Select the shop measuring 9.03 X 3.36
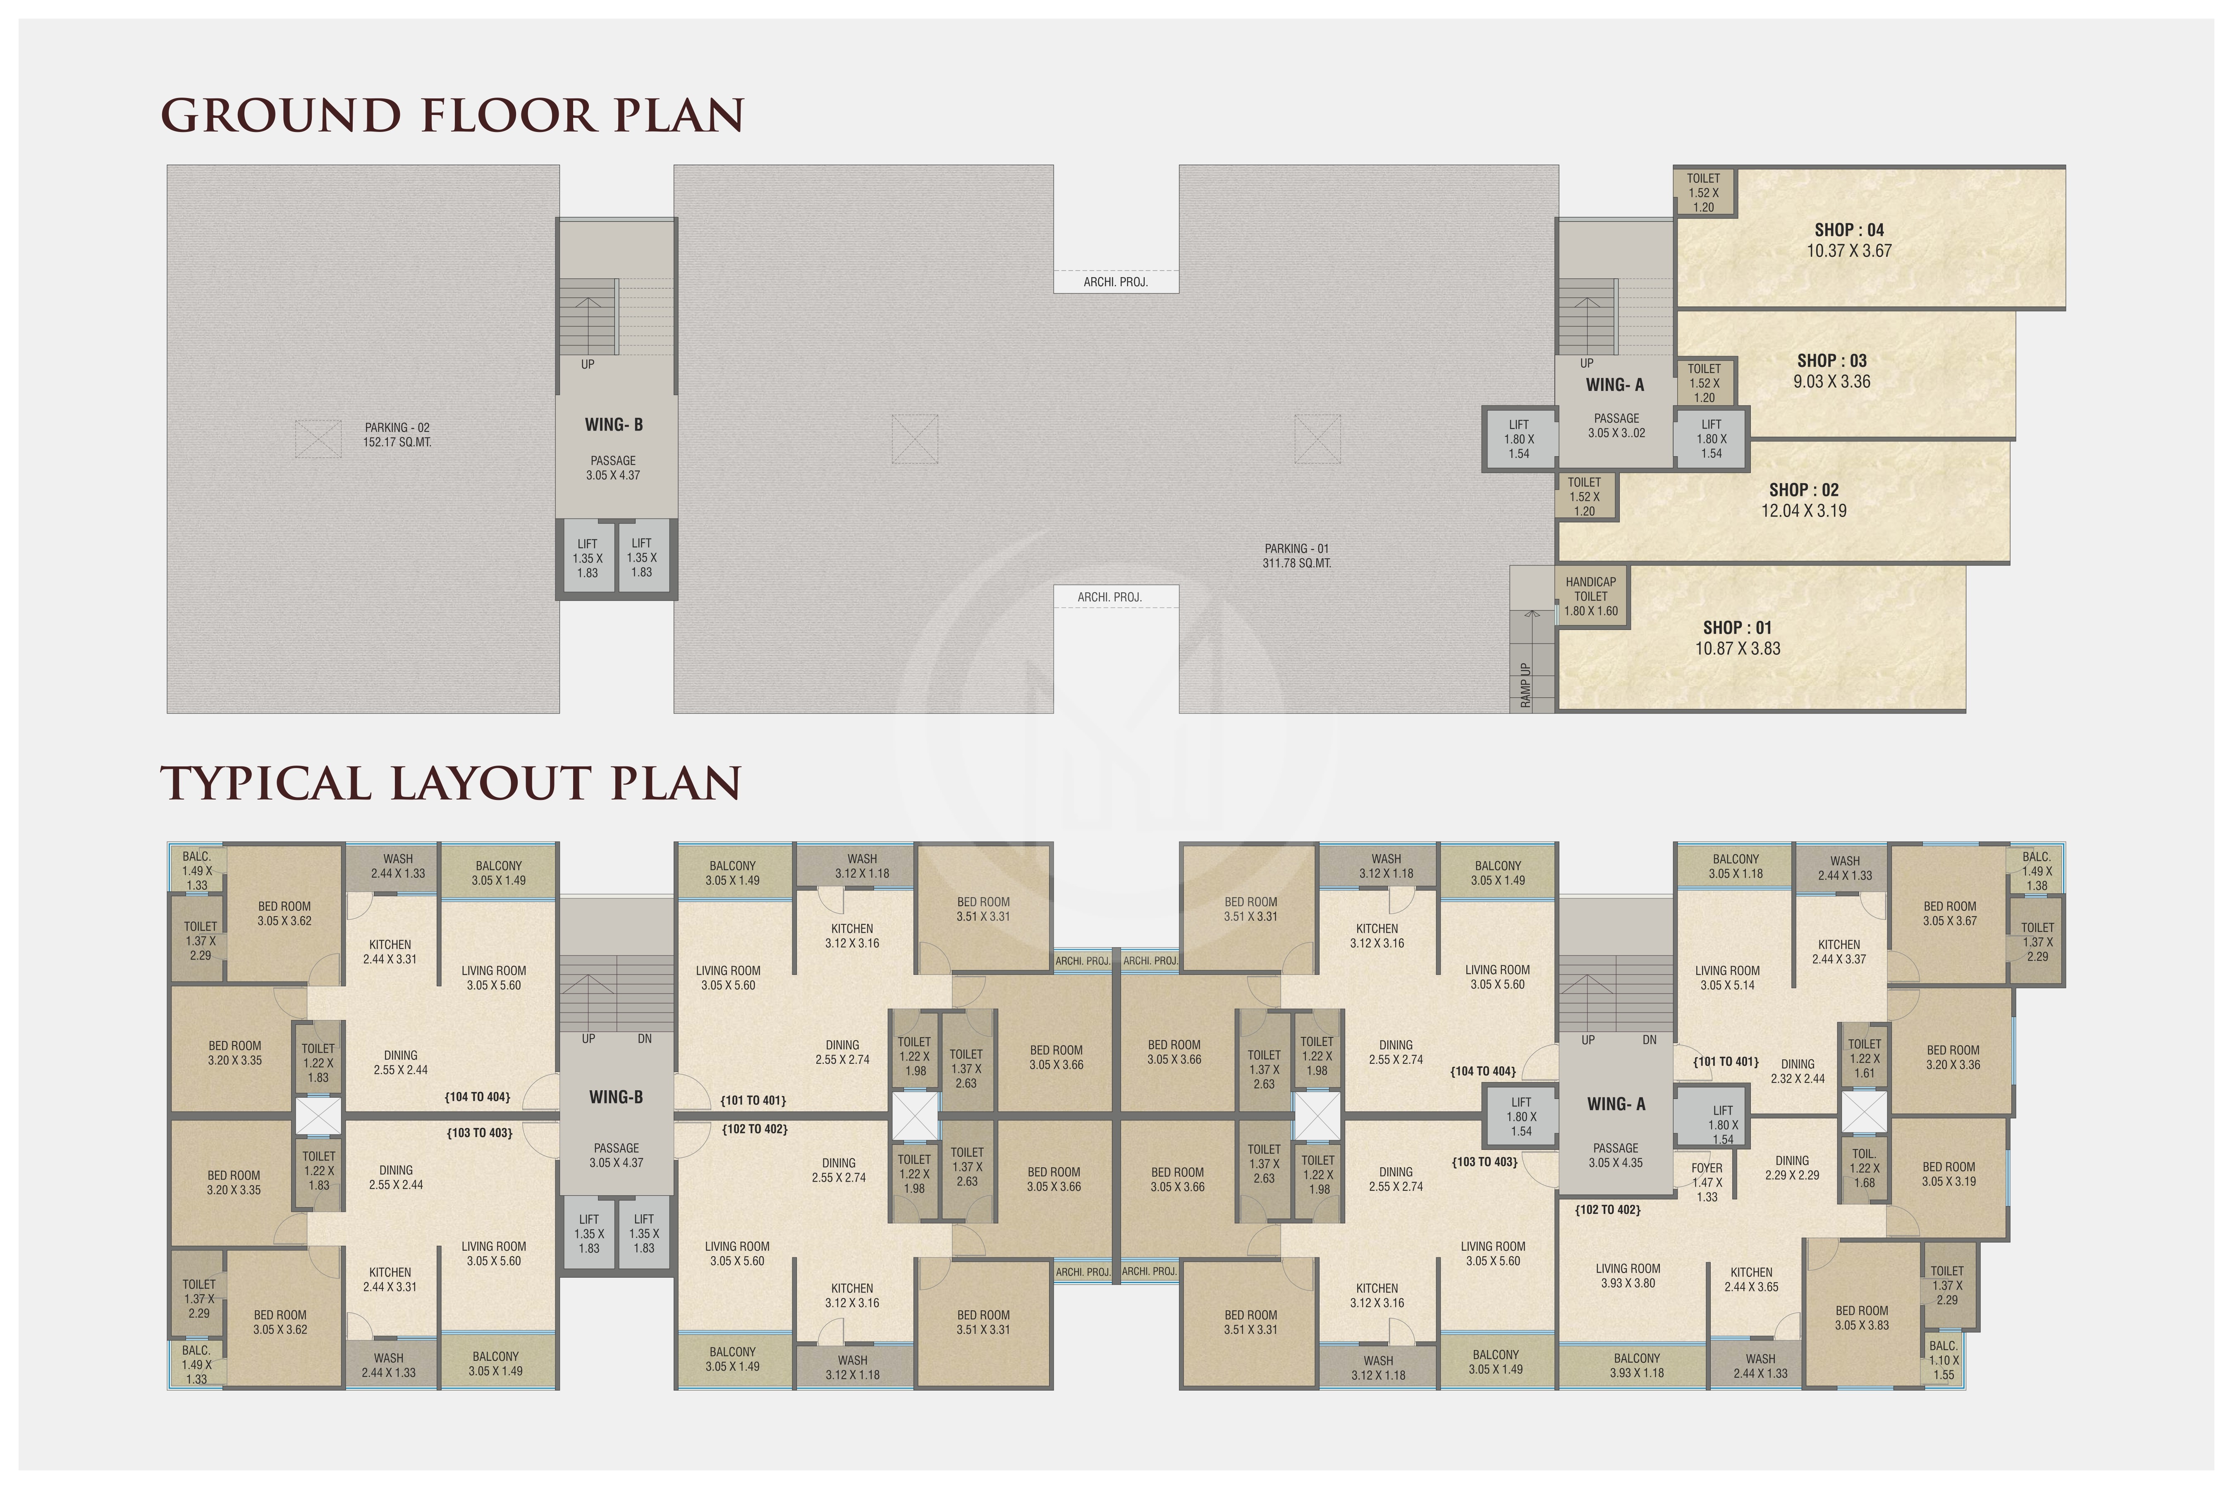pyautogui.click(x=1831, y=371)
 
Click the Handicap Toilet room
pyautogui.click(x=1591, y=596)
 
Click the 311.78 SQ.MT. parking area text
pyautogui.click(x=1297, y=563)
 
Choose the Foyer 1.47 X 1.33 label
pyautogui.click(x=1707, y=1182)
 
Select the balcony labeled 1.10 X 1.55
pyautogui.click(x=1944, y=1360)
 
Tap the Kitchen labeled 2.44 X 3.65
pyautogui.click(x=1752, y=1279)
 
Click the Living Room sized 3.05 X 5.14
pyautogui.click(x=1727, y=978)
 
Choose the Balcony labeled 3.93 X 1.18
pyautogui.click(x=1637, y=1366)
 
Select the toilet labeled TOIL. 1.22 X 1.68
pyautogui.click(x=1864, y=1168)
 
